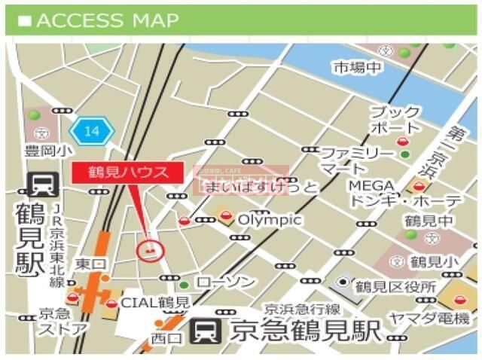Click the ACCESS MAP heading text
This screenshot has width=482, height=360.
point(107,20)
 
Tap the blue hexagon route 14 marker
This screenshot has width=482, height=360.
point(92,132)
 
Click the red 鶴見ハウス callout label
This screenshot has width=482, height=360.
point(128,172)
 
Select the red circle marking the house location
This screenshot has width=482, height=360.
point(151,248)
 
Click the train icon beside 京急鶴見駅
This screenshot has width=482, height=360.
point(206,330)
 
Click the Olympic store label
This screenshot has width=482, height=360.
point(270,220)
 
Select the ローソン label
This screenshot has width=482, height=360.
point(225,282)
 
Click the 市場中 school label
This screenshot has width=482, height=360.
point(358,68)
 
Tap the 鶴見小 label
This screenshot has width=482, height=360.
point(433,261)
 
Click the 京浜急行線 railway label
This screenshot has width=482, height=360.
point(301,309)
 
